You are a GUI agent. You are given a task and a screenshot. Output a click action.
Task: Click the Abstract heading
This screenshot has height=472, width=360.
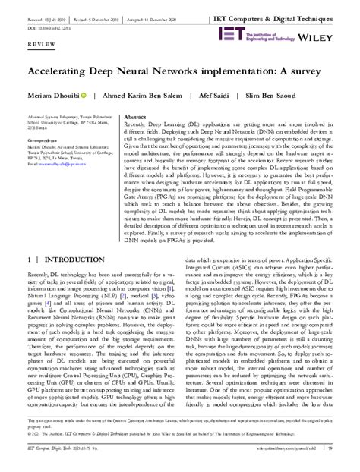point(134,118)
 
